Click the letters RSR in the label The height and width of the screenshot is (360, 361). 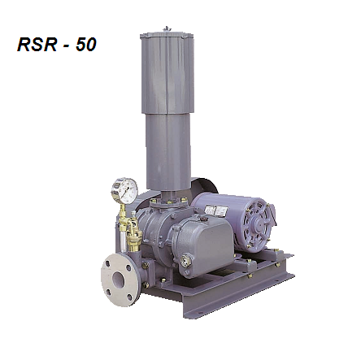click(37, 45)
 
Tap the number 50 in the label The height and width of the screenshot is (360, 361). click(86, 45)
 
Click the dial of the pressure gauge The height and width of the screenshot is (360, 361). click(125, 190)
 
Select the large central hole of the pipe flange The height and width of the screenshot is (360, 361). click(119, 280)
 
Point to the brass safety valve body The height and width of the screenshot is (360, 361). click(134, 232)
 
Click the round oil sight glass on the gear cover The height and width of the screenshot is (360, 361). click(186, 261)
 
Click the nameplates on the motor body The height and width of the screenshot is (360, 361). click(217, 210)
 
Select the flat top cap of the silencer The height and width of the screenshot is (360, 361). click(167, 35)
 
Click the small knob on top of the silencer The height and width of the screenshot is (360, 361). click(166, 28)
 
